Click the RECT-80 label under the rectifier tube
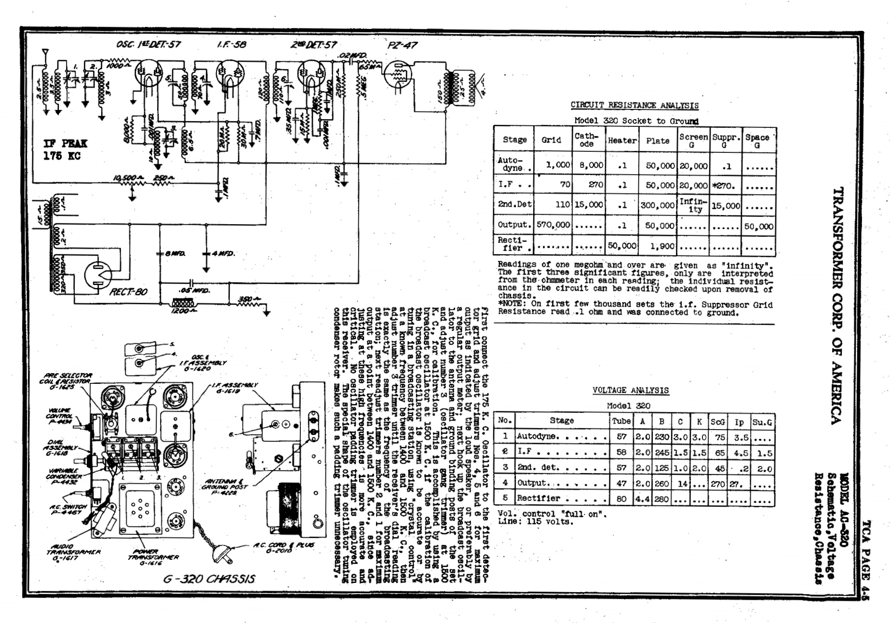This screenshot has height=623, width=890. [x=128, y=291]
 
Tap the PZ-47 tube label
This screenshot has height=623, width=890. [x=402, y=45]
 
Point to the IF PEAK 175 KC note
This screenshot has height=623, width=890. [x=65, y=149]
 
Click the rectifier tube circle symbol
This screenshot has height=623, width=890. [x=98, y=275]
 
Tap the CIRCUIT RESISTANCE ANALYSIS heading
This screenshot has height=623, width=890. [x=634, y=105]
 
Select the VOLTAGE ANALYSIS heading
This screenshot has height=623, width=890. [x=630, y=390]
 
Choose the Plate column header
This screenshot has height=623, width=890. [x=658, y=140]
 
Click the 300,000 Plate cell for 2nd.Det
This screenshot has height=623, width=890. [x=658, y=205]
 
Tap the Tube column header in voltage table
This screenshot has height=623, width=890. [x=621, y=421]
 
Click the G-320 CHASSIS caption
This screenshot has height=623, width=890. [x=209, y=579]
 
